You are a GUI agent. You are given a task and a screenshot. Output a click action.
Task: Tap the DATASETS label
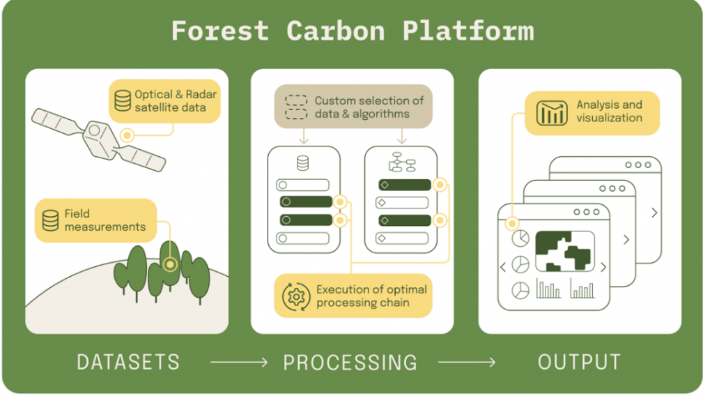(x=128, y=363)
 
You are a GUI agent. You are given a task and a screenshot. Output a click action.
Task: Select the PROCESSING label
(x=350, y=363)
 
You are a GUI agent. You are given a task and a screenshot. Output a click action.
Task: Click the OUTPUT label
(x=579, y=363)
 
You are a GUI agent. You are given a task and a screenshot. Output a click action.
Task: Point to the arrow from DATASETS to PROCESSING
(x=239, y=363)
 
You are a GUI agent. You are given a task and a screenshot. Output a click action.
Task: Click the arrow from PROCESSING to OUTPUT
(x=467, y=363)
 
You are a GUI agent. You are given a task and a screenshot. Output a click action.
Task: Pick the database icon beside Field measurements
(x=50, y=220)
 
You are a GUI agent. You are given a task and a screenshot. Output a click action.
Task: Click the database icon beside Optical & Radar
(x=123, y=101)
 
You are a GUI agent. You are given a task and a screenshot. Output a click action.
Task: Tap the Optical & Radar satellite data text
(x=176, y=101)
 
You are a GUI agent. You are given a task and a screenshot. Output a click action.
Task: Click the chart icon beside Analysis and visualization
(x=552, y=112)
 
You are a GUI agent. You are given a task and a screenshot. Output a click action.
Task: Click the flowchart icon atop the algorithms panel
(x=401, y=162)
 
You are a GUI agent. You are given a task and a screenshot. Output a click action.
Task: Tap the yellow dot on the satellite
(x=127, y=135)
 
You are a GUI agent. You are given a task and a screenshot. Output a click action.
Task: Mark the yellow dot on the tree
(x=169, y=264)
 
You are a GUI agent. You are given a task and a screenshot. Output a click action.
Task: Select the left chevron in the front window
(x=503, y=267)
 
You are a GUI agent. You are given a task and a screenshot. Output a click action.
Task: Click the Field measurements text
(x=105, y=220)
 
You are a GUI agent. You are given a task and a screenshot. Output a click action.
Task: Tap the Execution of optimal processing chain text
(x=371, y=296)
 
